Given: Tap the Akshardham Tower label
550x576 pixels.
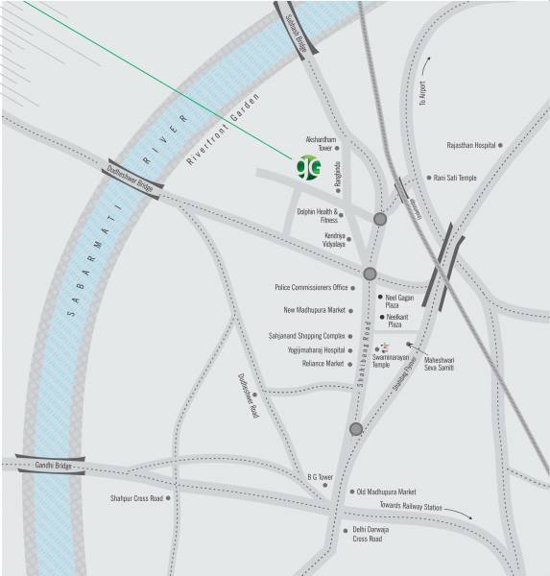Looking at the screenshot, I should click(x=318, y=144).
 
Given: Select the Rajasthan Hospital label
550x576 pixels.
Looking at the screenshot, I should click(x=471, y=145).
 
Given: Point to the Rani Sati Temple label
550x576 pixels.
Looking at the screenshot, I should click(x=455, y=178).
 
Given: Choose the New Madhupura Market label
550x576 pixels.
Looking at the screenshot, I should click(x=314, y=310).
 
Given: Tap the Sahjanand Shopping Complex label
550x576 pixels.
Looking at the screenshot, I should click(x=306, y=336).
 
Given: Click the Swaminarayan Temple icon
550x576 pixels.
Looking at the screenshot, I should click(x=385, y=348).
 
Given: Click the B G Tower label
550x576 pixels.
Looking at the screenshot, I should click(x=320, y=477).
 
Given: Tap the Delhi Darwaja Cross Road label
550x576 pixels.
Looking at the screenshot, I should click(x=368, y=535).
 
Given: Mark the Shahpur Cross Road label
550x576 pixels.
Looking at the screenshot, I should click(x=136, y=498).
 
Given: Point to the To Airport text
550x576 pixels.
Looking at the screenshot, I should click(x=419, y=93).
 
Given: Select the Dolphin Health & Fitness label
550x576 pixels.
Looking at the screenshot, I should click(x=318, y=217).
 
